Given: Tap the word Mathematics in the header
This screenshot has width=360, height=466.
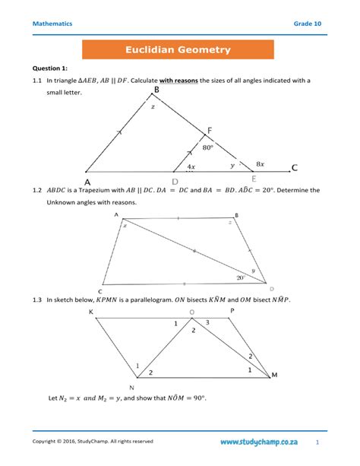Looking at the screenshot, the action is (52, 24).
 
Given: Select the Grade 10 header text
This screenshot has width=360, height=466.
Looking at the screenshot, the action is (308, 24).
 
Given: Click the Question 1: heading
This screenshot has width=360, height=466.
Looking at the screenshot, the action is (50, 68).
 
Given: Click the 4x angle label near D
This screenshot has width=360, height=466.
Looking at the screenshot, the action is (190, 166).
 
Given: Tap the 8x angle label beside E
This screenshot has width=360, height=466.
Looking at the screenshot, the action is (260, 163).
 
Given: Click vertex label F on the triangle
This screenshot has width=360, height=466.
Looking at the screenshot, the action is (210, 129).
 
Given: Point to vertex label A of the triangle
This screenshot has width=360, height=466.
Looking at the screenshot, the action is (87, 182).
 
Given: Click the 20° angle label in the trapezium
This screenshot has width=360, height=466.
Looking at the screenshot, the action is (242, 277).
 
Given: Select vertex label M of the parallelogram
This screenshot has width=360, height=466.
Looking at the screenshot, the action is (274, 374).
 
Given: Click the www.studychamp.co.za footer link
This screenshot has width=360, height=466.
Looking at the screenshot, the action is (259, 441).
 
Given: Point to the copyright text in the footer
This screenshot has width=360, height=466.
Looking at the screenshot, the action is (93, 441).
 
